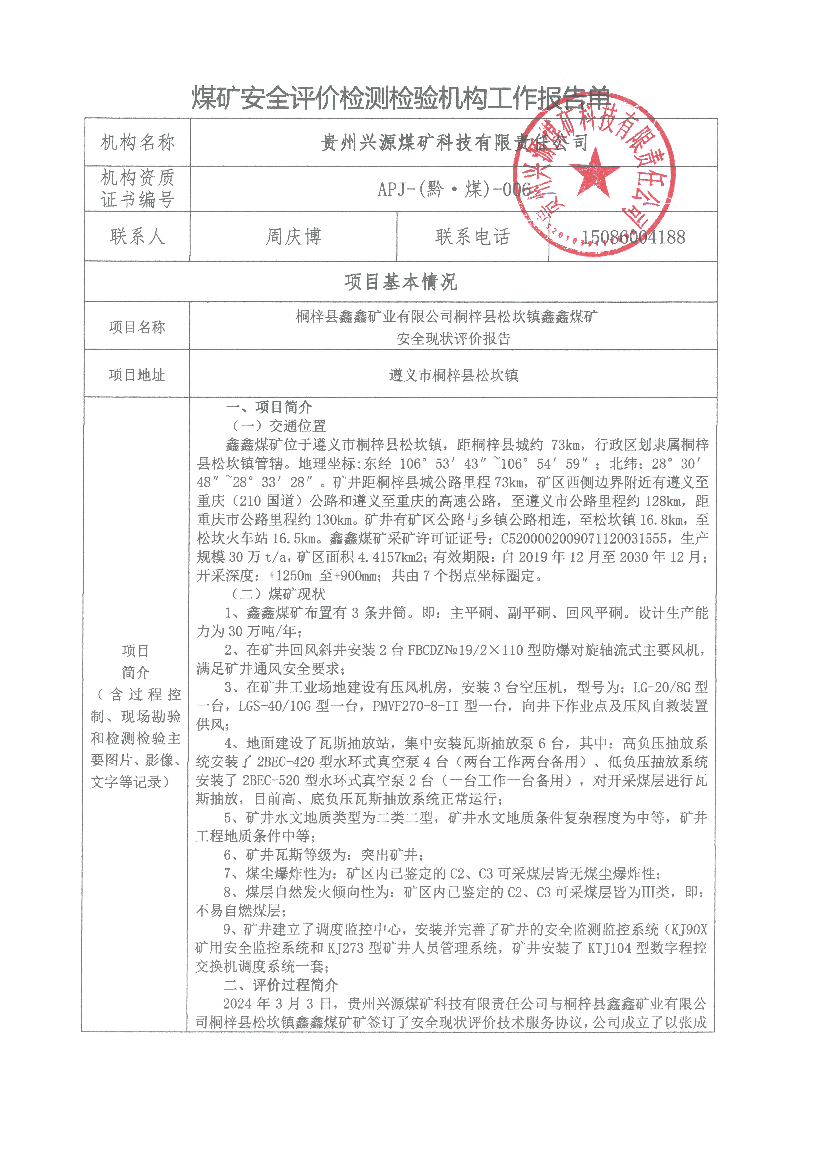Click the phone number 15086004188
pos(633,237)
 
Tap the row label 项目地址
pos(137,375)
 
